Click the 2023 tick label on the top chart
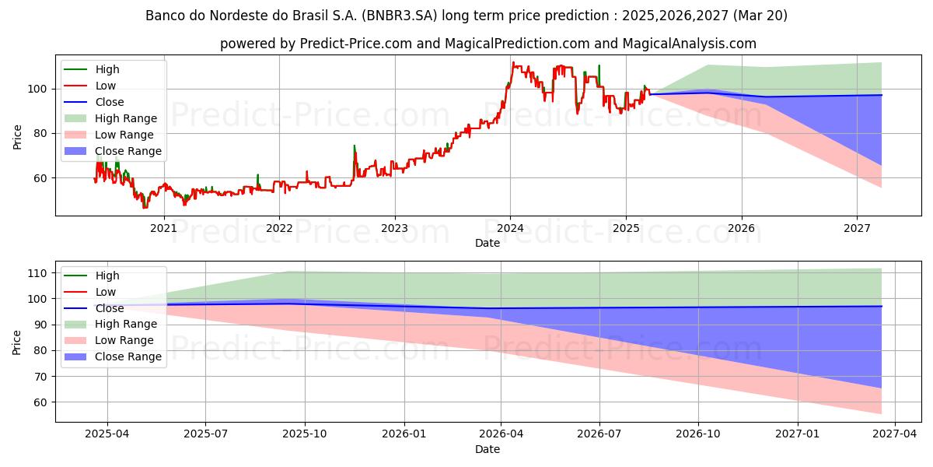click(x=395, y=229)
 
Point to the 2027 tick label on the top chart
click(x=857, y=229)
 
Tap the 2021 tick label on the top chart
click(x=164, y=229)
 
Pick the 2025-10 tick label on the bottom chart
click(x=305, y=434)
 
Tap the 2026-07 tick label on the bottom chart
click(x=599, y=434)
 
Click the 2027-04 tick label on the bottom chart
click(x=895, y=434)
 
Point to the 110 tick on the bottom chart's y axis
click(x=37, y=273)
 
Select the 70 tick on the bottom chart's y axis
click(x=40, y=377)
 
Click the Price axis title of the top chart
click(x=17, y=137)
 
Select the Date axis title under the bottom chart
click(x=487, y=449)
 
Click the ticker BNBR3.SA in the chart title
click(x=400, y=16)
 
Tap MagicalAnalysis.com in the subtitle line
click(x=690, y=44)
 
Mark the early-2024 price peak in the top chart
click(x=513, y=62)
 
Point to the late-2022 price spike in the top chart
click(x=355, y=146)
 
